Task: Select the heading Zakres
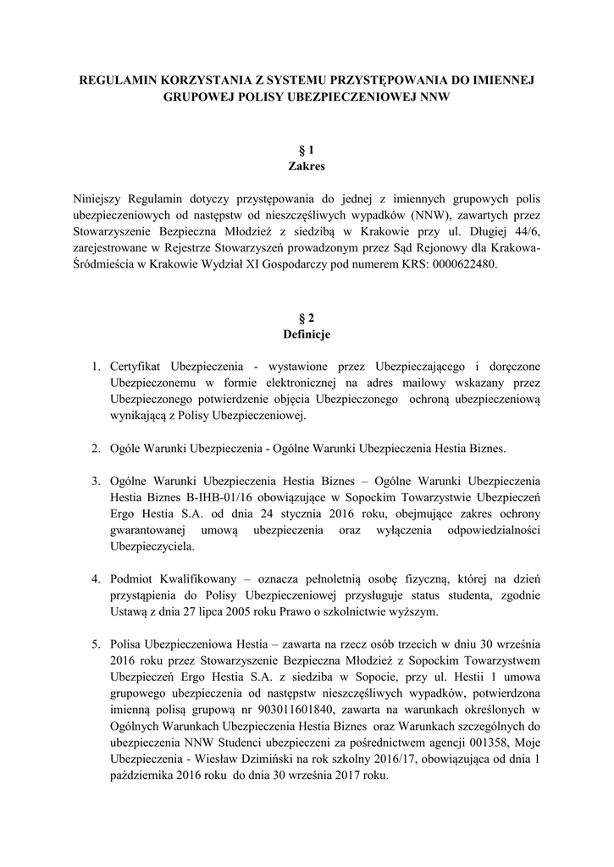pyautogui.click(x=307, y=167)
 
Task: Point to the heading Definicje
pyautogui.click(x=307, y=334)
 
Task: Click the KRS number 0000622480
pyautogui.click(x=458, y=264)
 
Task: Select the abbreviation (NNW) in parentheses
pyautogui.click(x=412, y=215)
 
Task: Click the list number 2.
pyautogui.click(x=96, y=446)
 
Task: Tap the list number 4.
pyautogui.click(x=96, y=577)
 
